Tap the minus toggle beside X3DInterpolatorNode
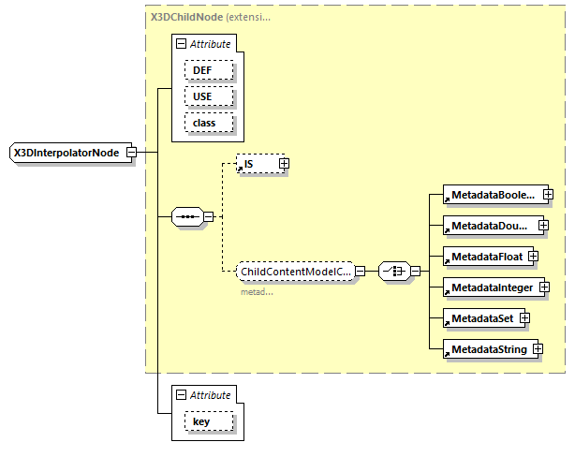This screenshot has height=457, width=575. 132,153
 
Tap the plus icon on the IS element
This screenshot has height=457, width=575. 284,164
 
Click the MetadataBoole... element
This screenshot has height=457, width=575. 492,195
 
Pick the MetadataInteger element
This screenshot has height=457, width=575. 490,287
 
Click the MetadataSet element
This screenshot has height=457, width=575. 481,318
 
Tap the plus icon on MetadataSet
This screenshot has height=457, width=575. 524,318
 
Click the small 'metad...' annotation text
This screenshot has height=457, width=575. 258,291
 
